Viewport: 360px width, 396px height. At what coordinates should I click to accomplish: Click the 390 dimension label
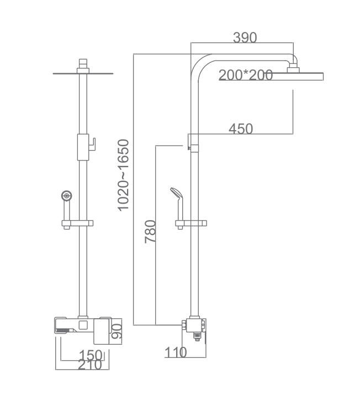click(245, 38)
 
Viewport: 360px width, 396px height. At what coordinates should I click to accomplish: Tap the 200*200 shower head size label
click(246, 75)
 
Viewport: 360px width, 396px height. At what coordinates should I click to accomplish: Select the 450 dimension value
click(241, 129)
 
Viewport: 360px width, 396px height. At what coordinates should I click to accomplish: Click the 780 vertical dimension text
click(150, 232)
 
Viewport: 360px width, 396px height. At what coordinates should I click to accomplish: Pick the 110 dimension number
click(176, 352)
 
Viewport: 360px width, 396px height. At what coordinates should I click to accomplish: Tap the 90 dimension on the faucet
click(117, 331)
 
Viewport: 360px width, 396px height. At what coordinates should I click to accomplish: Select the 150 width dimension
click(91, 354)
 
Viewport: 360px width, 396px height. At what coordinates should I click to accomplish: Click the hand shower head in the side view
click(176, 194)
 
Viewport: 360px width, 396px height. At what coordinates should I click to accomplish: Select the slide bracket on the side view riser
click(191, 223)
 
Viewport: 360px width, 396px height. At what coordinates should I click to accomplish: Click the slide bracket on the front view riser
click(77, 223)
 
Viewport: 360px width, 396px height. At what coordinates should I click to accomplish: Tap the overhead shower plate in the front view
click(83, 73)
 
